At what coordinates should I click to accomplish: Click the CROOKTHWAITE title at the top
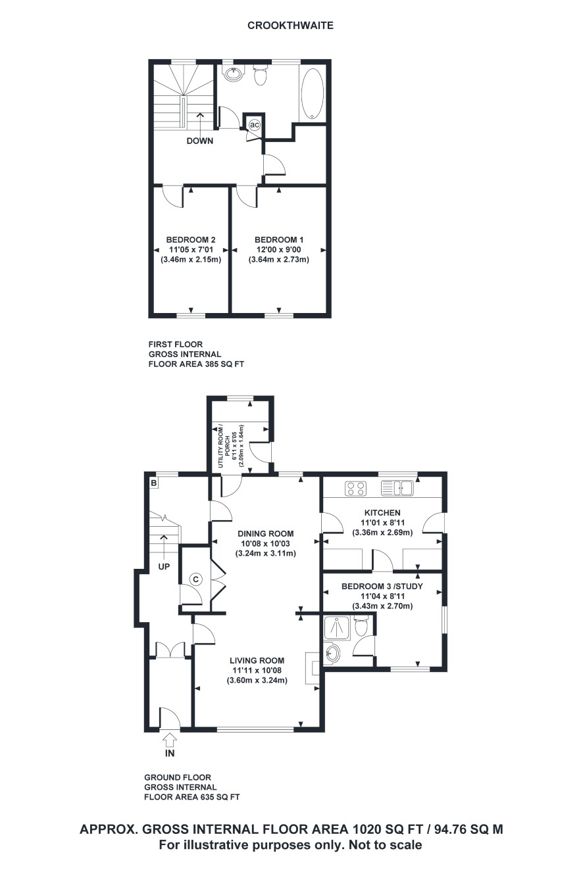[291, 26]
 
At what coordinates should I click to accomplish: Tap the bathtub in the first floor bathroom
[311, 94]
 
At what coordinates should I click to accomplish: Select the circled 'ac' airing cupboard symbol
[254, 125]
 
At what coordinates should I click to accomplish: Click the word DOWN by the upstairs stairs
[200, 141]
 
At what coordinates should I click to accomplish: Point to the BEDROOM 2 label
[191, 239]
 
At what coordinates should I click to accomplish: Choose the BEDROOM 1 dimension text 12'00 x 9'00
[279, 250]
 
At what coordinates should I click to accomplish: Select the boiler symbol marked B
[154, 483]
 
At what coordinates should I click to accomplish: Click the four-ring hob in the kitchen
[356, 489]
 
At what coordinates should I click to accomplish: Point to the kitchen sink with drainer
[397, 489]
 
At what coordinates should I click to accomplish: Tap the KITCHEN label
[382, 513]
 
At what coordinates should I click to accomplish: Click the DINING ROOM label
[266, 533]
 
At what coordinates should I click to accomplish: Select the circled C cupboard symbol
[196, 579]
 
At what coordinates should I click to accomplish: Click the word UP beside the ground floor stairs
[164, 566]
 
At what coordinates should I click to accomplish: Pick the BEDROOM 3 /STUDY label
[382, 586]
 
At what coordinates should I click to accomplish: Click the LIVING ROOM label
[257, 660]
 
